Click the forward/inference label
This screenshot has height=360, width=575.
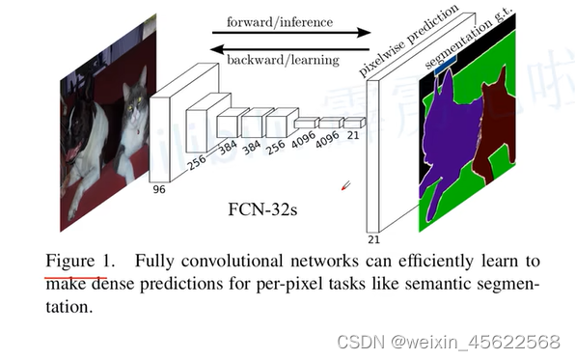click(x=281, y=20)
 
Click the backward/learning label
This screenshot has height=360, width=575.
click(x=282, y=60)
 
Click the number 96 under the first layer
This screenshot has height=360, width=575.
click(x=159, y=190)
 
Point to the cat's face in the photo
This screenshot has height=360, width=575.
click(x=134, y=97)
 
